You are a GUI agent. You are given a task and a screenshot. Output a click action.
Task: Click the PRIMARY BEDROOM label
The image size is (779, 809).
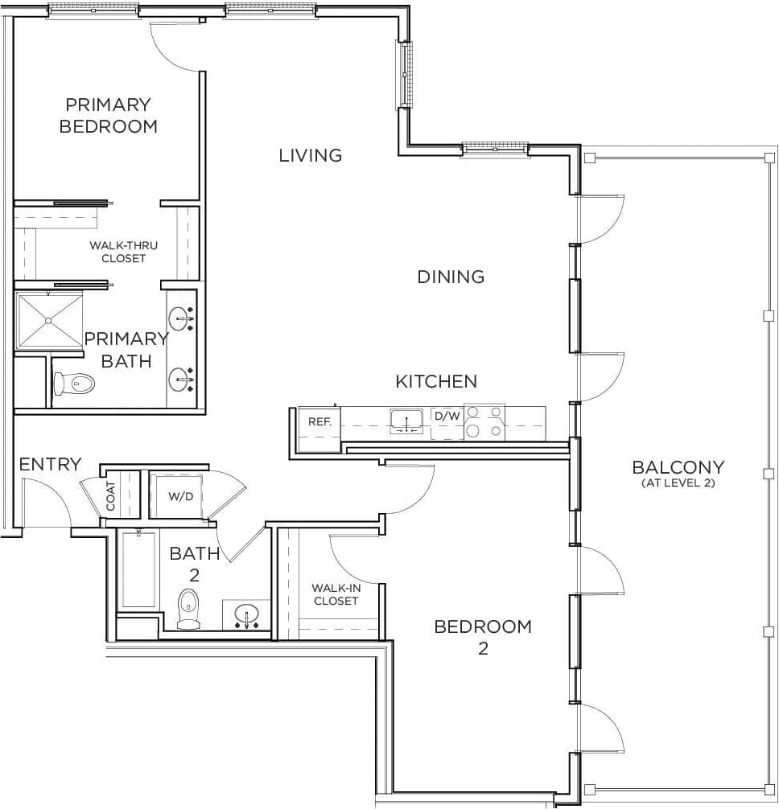point(109,115)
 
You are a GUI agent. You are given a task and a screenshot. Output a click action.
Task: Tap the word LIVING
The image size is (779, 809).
point(311,155)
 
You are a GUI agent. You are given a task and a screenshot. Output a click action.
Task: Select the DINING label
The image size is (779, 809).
point(451,277)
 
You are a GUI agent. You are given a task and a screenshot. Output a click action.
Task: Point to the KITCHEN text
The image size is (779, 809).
point(436,381)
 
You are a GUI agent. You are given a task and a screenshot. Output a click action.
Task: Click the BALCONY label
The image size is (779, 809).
point(678,473)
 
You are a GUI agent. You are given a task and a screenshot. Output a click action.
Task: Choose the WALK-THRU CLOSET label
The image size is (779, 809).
point(123,252)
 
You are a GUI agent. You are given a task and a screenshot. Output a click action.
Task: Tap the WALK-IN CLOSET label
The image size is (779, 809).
point(336,594)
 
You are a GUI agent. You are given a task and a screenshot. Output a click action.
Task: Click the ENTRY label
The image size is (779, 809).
point(50,464)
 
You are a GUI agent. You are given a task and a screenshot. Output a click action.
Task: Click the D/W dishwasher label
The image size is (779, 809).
point(447,417)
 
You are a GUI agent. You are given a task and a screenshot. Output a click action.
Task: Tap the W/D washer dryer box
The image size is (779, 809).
point(180,496)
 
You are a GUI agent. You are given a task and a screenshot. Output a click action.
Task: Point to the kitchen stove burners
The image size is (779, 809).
point(484,422)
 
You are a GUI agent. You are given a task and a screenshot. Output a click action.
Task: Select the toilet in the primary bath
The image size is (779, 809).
point(73,384)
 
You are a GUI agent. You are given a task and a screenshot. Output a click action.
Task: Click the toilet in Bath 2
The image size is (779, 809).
point(188,609)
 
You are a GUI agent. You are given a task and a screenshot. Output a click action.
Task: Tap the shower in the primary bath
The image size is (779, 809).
point(49,321)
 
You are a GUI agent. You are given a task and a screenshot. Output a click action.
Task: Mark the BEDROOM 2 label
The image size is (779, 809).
point(483,636)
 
